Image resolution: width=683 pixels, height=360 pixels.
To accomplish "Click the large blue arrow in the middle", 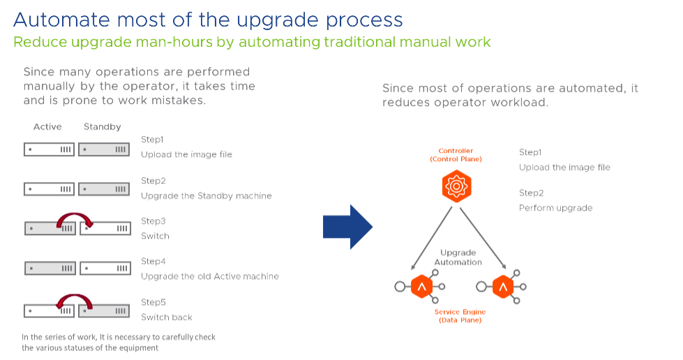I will pos(348,226).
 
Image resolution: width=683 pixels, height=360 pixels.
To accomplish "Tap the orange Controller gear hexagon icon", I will pos(456,186).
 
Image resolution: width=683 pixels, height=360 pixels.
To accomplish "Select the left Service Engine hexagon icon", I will pos(421,286).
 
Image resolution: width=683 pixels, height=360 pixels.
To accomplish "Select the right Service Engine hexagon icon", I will pos(502,286).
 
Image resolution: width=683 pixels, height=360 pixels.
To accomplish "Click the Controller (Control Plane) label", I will pos(456,155).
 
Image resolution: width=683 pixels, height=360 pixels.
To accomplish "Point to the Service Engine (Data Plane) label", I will pos(460,315).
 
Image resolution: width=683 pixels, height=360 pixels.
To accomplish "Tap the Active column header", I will pos(47,128).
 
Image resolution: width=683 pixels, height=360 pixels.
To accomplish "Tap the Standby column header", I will pos(103,128).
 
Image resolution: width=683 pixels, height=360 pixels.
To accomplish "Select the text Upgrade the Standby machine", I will pos(207,196).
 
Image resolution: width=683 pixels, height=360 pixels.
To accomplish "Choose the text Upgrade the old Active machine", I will pos(210,276).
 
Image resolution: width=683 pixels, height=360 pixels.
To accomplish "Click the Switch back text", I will pos(167,317).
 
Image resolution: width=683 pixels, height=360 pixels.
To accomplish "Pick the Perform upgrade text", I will pos(556,208).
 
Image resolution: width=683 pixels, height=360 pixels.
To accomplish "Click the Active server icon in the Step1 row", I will pos(49,149).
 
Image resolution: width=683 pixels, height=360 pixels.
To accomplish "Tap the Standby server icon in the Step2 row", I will pos(104,189).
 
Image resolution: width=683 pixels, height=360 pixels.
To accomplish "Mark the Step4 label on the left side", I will pos(153,262).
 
